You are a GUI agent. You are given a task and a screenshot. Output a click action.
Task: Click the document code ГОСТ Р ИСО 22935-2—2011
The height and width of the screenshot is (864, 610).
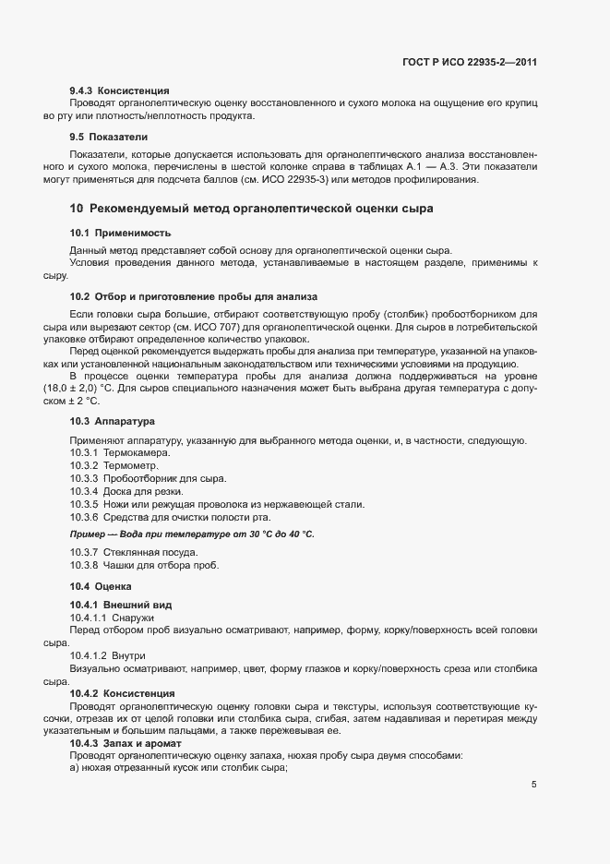click(470, 63)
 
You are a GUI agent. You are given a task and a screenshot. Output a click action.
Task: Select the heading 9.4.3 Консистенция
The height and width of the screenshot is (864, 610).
click(119, 91)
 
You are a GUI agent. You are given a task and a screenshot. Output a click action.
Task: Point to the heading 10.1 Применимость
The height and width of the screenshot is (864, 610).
click(120, 234)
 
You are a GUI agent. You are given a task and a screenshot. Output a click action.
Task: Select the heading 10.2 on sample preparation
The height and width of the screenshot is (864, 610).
click(193, 296)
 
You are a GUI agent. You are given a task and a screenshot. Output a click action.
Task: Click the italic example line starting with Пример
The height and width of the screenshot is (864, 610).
click(192, 534)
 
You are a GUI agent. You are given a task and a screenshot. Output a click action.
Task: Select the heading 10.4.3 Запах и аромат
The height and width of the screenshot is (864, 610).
click(129, 742)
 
